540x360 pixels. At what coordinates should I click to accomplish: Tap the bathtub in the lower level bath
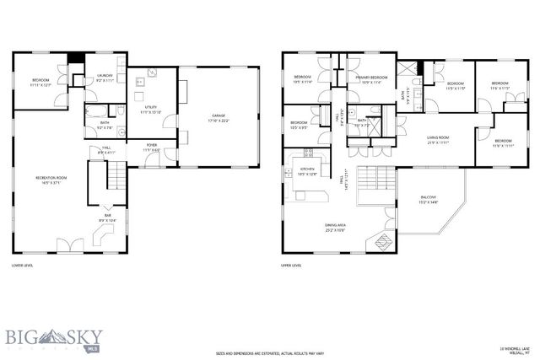94,111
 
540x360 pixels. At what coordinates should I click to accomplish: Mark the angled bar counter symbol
97,235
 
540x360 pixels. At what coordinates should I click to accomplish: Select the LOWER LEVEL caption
23,266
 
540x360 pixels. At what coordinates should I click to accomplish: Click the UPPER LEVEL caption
291,266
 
